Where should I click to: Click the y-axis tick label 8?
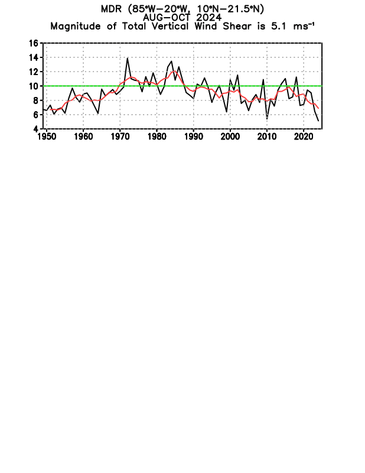click(x=35, y=100)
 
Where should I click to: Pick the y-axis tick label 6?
click(x=35, y=114)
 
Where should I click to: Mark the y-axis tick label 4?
click(x=35, y=128)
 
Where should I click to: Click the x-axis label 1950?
click(x=46, y=137)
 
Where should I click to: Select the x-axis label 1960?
click(x=83, y=137)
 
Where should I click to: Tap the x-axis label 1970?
click(x=120, y=137)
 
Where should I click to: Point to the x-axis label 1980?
click(x=157, y=137)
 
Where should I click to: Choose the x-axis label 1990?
click(x=193, y=137)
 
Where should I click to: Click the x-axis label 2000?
click(x=230, y=137)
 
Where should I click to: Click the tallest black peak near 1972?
click(x=128, y=58)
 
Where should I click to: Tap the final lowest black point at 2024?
click(x=318, y=121)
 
